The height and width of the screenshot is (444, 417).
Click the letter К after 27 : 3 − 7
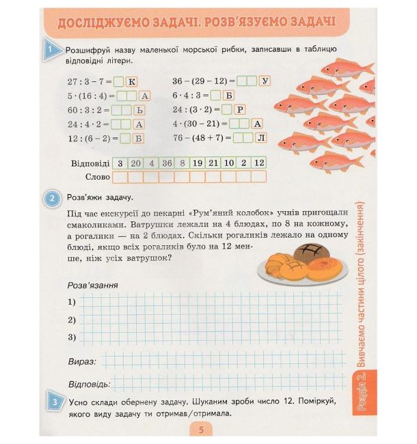133,81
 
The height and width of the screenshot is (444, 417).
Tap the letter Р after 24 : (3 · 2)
240,109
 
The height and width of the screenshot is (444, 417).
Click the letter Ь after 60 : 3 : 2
139,109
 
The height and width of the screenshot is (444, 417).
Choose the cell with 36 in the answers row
167,163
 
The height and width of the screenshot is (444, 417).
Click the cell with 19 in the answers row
198,163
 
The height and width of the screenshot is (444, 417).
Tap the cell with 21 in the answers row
213,163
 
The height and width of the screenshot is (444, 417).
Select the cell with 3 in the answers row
120,163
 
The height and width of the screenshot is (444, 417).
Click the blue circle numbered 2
53,199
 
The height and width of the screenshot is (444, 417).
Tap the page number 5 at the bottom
201,430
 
